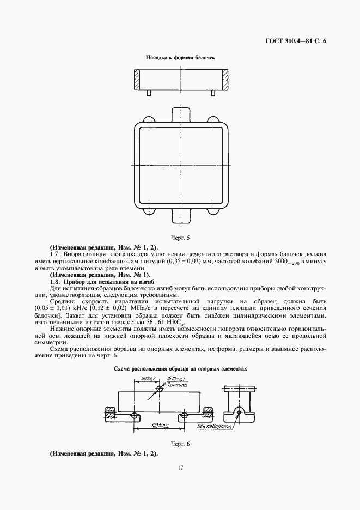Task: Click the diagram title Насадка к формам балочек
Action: click(x=181, y=57)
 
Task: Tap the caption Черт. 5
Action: click(x=180, y=238)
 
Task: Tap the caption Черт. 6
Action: click(x=180, y=444)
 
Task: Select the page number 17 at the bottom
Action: click(x=180, y=467)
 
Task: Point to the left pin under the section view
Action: click(x=149, y=93)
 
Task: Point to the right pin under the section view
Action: click(x=213, y=93)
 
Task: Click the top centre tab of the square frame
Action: click(x=181, y=115)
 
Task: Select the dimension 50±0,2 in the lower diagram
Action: click(x=149, y=378)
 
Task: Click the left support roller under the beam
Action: click(x=133, y=415)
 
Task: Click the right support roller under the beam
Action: click(x=186, y=415)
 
